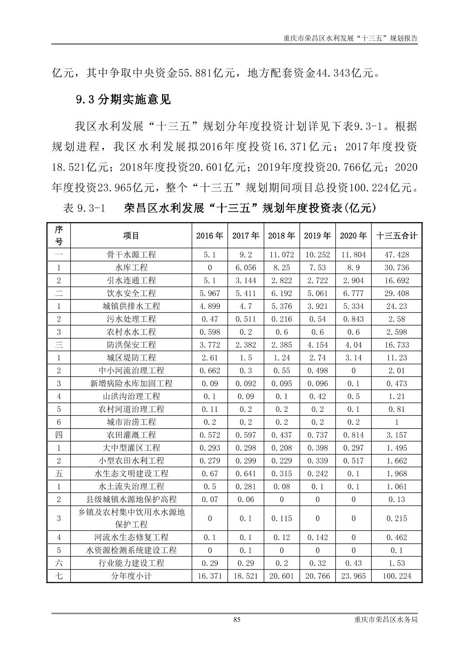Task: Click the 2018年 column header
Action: click(282, 236)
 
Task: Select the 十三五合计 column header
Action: click(397, 236)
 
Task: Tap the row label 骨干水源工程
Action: click(131, 255)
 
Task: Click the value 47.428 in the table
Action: click(397, 255)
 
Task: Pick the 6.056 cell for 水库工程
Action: click(246, 267)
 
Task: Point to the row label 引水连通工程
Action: click(131, 280)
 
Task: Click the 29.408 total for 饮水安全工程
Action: click(397, 293)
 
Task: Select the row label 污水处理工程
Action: click(131, 319)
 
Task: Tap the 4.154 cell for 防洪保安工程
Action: click(317, 345)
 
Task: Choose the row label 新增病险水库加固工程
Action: click(131, 383)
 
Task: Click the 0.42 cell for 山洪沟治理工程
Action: click(317, 396)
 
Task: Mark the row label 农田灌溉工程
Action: click(131, 435)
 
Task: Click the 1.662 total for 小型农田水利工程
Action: click(397, 461)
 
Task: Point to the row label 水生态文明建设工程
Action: click(131, 473)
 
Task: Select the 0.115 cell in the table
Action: click(282, 518)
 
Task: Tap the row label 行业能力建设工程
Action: click(131, 563)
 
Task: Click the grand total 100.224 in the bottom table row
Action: click(397, 576)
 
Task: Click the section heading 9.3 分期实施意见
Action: click(123, 100)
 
